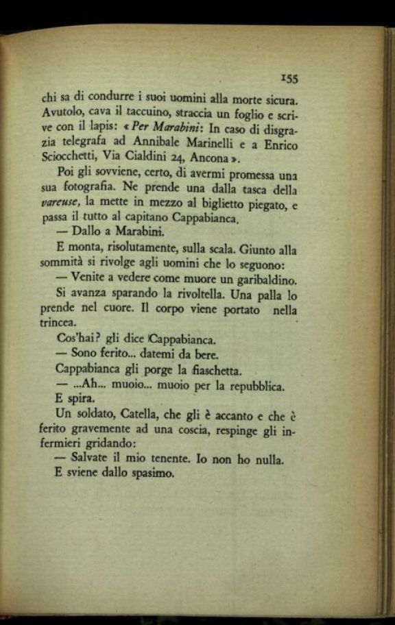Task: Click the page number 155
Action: [288, 78]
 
